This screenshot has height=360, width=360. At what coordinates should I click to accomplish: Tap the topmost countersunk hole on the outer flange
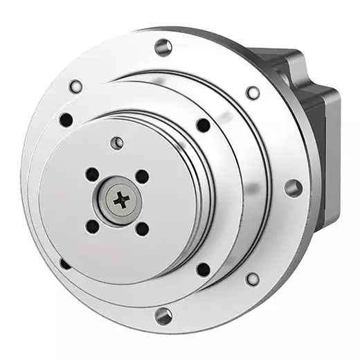(x=163, y=47)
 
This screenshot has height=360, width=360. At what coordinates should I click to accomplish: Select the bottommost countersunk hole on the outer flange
(x=163, y=316)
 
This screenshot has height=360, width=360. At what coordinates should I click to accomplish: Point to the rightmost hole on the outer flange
(x=293, y=187)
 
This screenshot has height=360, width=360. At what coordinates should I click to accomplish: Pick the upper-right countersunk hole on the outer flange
(x=253, y=92)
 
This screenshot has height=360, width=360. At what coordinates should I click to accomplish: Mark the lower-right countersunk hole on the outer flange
(x=253, y=279)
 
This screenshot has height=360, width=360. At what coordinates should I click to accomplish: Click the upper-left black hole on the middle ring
(x=66, y=119)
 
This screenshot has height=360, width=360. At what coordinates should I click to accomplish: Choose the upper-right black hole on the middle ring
(x=203, y=125)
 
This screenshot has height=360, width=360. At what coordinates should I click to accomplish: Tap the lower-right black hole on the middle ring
(x=203, y=269)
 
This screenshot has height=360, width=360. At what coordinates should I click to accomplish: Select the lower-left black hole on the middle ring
(x=65, y=264)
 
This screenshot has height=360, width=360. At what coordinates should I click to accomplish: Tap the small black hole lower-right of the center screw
(x=142, y=228)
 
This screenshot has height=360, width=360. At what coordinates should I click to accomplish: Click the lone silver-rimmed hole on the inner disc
(x=118, y=143)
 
